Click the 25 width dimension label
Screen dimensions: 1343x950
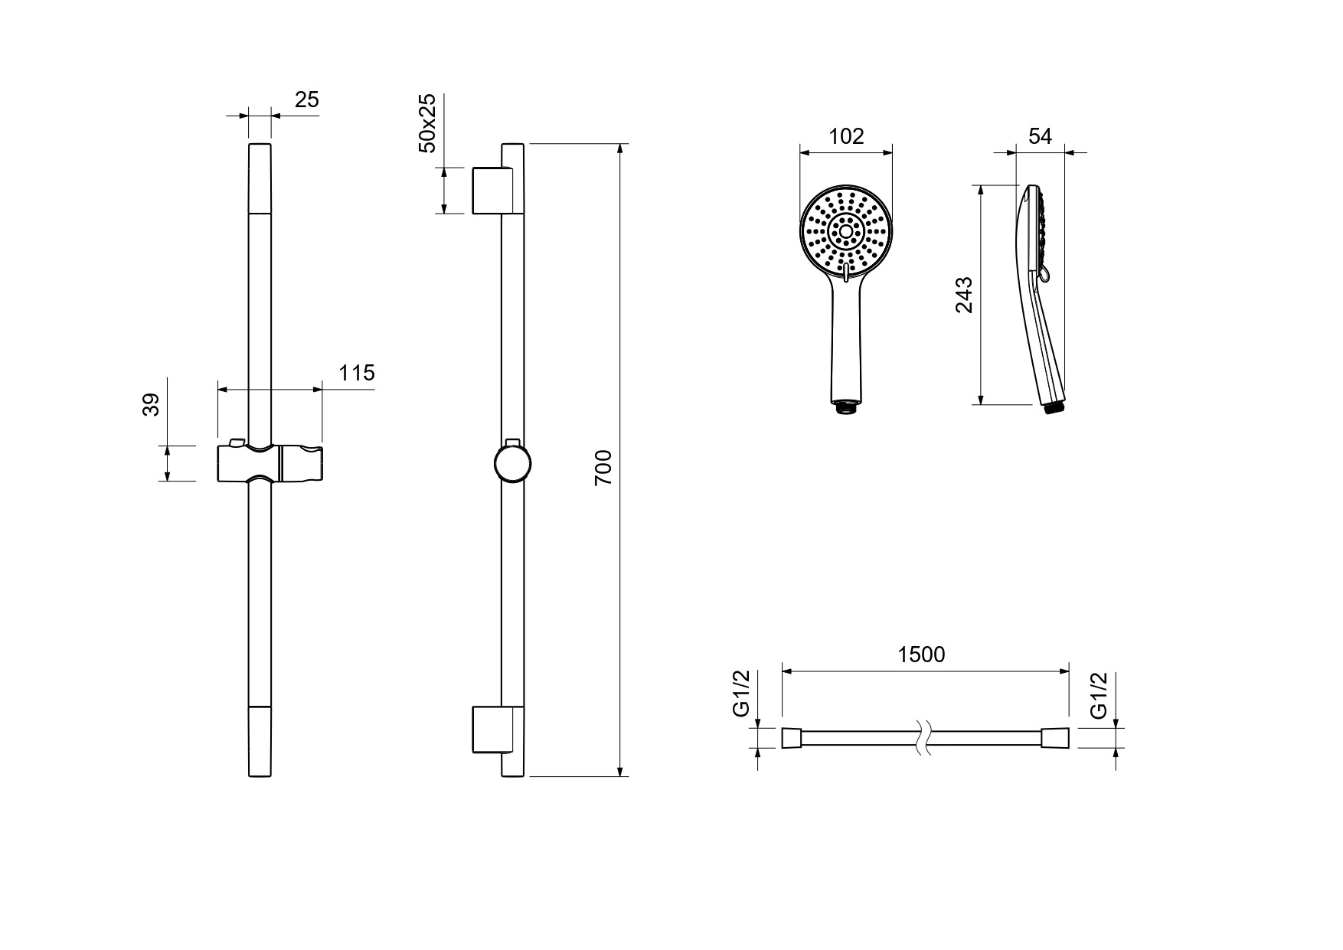pyautogui.click(x=306, y=100)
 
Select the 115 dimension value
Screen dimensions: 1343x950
pyautogui.click(x=357, y=373)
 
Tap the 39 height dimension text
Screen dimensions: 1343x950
pyautogui.click(x=152, y=404)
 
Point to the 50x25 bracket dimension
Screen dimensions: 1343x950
pyautogui.click(x=426, y=123)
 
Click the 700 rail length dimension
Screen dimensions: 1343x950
pyautogui.click(x=603, y=468)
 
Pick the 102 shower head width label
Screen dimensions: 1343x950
pyautogui.click(x=846, y=136)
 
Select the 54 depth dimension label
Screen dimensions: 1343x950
pyautogui.click(x=1040, y=136)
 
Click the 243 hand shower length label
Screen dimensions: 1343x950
pyautogui.click(x=964, y=295)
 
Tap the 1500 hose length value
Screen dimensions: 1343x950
pyautogui.click(x=921, y=655)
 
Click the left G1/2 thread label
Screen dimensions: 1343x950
pyautogui.click(x=741, y=693)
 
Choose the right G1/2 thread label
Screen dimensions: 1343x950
pyautogui.click(x=1099, y=695)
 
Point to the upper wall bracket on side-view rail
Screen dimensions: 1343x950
pyautogui.click(x=489, y=190)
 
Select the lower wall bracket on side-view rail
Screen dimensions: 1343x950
pyautogui.click(x=489, y=730)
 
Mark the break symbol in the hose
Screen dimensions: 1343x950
pyautogui.click(x=922, y=739)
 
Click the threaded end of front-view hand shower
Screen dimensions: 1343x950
pyautogui.click(x=846, y=406)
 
